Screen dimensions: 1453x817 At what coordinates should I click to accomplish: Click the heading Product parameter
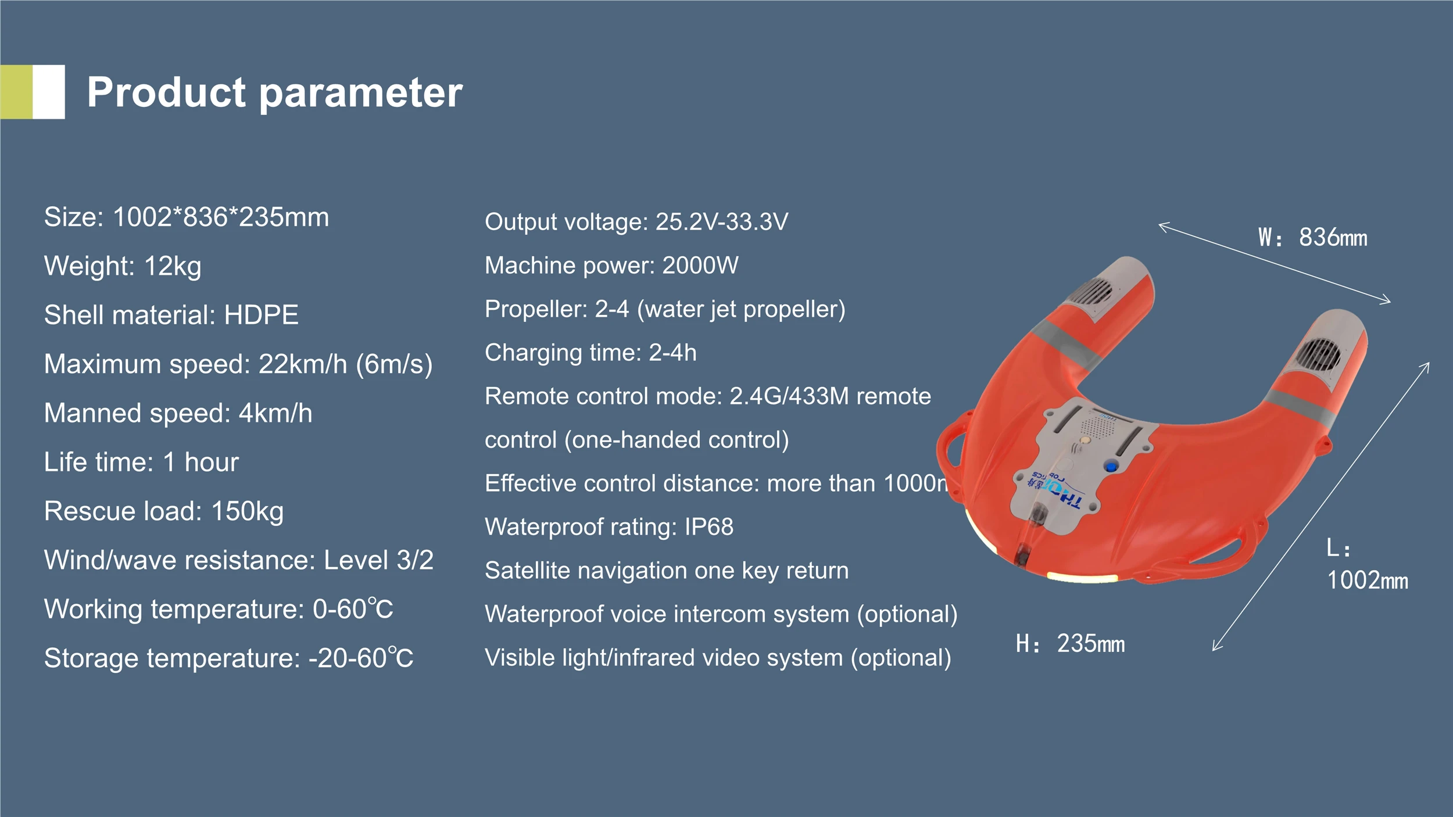coord(275,93)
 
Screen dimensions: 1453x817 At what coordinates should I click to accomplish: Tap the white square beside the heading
coord(49,92)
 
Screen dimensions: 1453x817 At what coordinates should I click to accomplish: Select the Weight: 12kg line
coord(123,267)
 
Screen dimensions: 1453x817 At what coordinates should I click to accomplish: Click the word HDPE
coord(261,315)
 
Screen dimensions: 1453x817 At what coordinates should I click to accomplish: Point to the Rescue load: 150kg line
coord(164,512)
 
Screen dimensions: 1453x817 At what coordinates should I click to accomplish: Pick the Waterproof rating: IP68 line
coord(609,527)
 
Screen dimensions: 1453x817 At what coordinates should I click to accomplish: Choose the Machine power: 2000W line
coord(611,266)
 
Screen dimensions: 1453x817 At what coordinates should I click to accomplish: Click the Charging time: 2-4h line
coord(590,353)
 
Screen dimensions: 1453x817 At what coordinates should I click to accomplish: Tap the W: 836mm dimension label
coord(1313,238)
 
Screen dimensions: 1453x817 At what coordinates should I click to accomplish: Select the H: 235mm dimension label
coord(1071,644)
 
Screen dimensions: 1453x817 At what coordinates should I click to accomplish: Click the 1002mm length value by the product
coord(1368,580)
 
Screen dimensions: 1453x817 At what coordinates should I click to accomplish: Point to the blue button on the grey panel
coord(1111,466)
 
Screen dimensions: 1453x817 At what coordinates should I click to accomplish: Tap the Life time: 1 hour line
coord(141,463)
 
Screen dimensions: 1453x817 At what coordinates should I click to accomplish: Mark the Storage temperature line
coord(229,658)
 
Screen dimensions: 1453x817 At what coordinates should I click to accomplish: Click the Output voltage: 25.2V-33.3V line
coord(636,222)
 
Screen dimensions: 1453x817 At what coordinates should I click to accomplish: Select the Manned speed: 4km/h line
coord(178,413)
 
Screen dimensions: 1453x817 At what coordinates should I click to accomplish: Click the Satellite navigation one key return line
coord(667,571)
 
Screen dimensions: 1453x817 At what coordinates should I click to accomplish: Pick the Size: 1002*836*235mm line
coord(187,217)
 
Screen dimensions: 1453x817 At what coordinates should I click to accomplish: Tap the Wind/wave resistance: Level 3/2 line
coord(239,560)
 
